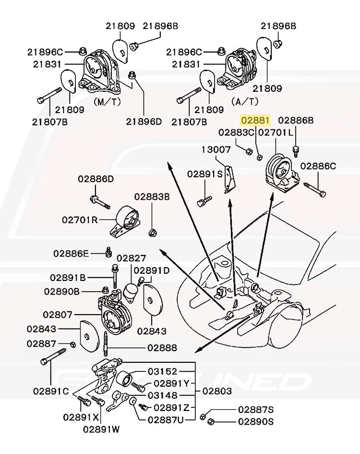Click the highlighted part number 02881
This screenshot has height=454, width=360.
tap(255, 120)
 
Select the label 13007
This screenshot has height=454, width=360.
tap(216, 150)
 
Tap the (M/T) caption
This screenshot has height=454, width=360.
tap(109, 101)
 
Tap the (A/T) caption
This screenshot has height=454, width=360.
tap(245, 101)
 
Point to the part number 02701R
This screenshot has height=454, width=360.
tap(80, 220)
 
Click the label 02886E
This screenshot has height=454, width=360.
tap(71, 253)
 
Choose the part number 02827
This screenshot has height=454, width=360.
tap(132, 258)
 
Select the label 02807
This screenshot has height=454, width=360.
tap(58, 315)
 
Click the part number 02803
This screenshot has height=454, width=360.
tap(216, 391)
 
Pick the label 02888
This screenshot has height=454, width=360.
tap(161, 347)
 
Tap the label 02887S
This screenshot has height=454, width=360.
tap(256, 409)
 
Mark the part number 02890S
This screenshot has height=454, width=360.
tap(256, 421)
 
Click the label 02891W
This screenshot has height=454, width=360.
tap(101, 429)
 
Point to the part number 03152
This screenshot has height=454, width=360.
tap(162, 371)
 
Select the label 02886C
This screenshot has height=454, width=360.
tap(318, 167)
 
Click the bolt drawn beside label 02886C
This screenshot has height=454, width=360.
tap(315, 190)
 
